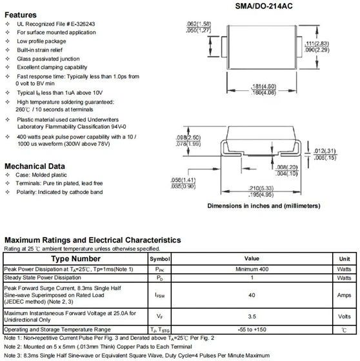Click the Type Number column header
(x=75, y=258)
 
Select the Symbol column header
(x=159, y=258)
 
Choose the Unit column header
(x=345, y=258)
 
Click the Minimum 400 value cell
(x=251, y=269)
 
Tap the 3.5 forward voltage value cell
(x=251, y=317)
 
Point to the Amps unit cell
(x=345, y=295)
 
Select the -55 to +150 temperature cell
(x=251, y=329)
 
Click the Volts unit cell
(x=345, y=317)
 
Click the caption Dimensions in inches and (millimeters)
(x=263, y=206)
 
